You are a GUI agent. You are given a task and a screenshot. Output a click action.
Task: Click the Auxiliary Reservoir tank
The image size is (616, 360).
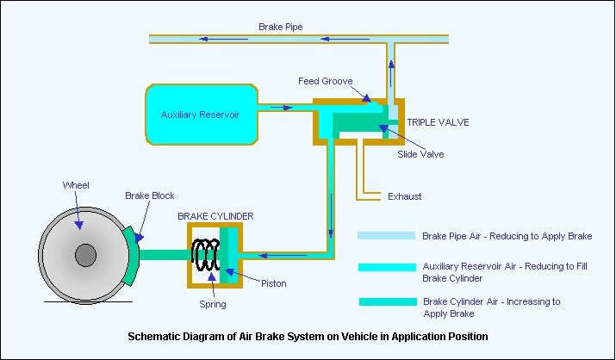(x=200, y=115)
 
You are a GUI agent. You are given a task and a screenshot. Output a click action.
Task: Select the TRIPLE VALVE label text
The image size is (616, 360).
(x=438, y=122)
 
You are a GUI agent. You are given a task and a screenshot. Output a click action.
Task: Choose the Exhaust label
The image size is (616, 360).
(x=405, y=196)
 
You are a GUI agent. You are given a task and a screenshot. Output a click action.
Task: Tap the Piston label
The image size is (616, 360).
(x=274, y=283)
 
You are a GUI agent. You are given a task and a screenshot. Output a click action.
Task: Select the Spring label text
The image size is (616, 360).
(x=211, y=304)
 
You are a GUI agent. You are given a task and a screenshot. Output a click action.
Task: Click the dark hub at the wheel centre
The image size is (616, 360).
(x=84, y=256)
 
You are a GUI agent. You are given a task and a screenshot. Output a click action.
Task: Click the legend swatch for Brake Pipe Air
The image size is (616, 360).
(x=386, y=235)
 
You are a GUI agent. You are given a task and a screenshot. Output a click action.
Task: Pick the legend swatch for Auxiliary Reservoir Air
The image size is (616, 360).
(x=386, y=267)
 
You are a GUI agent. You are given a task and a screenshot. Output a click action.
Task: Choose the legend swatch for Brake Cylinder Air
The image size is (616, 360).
(x=386, y=301)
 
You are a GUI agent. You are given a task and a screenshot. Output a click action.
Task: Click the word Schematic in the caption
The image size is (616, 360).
(x=155, y=337)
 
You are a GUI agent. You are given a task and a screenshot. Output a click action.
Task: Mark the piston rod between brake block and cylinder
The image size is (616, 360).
(x=163, y=254)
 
